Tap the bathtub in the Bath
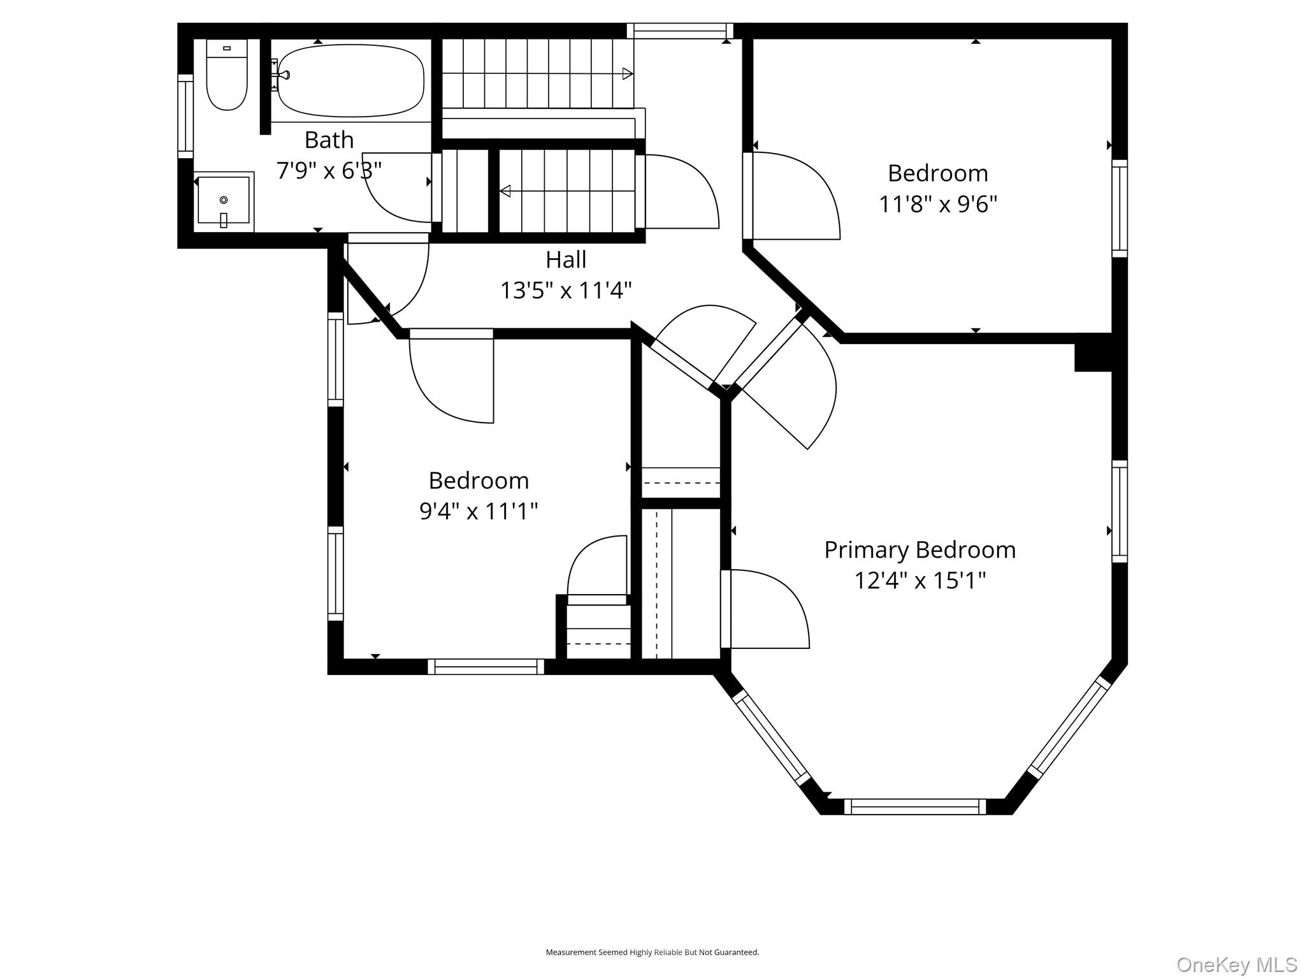pos(350,80)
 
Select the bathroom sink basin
pos(223,201)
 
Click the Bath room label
pos(329,140)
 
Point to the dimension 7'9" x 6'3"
pos(329,171)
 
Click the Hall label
pos(566,259)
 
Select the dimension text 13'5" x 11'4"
pos(566,291)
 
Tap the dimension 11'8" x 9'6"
pos(937,204)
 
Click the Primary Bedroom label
pos(919,549)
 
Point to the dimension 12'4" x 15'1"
pos(919,581)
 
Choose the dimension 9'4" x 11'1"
pos(479,511)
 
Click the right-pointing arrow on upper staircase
pos(627,73)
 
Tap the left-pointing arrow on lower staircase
pos(505,191)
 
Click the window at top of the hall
pos(679,31)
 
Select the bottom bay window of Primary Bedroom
pos(915,806)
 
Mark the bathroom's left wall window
pos(185,115)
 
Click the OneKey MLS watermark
pos(1236,964)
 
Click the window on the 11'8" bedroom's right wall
pos(1120,208)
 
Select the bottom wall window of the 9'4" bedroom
pos(486,667)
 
